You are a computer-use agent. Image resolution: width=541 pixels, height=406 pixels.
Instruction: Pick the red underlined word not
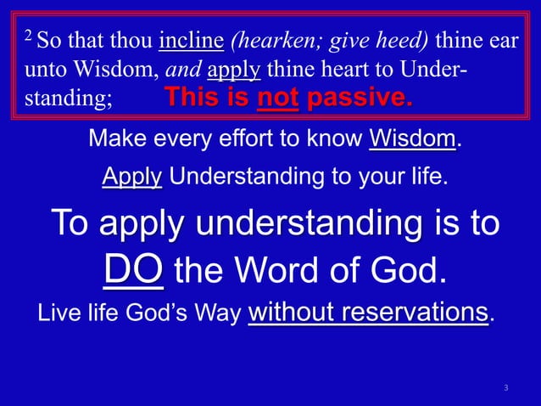[x=277, y=98]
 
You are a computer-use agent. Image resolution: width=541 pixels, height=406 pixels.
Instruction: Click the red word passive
[x=360, y=98]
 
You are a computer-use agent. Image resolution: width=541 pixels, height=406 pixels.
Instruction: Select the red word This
[x=192, y=98]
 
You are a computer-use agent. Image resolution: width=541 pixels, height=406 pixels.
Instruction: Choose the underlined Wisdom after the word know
[x=413, y=138]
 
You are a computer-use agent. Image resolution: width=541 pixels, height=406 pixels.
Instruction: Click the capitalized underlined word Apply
[x=131, y=178]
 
